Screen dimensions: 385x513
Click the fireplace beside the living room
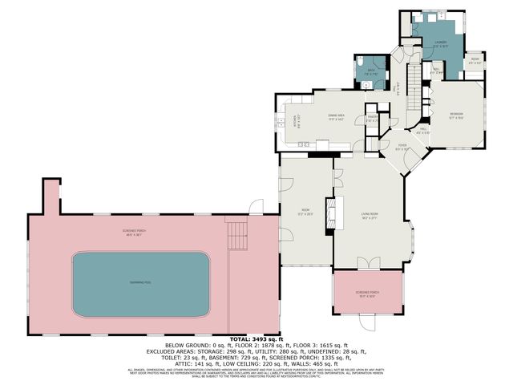click(x=329, y=214)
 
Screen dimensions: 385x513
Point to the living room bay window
click(x=410, y=241)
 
